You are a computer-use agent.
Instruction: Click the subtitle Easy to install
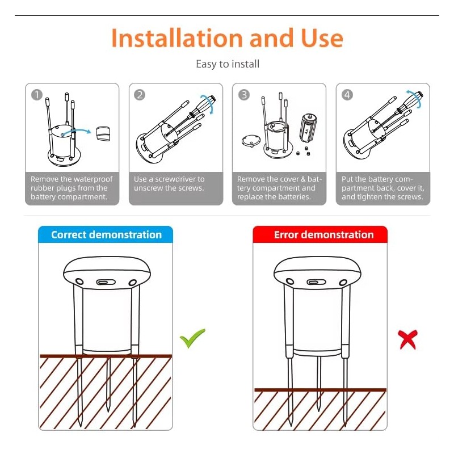(x=228, y=64)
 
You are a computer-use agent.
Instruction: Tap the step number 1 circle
(x=37, y=95)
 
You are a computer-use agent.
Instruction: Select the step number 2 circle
(x=140, y=95)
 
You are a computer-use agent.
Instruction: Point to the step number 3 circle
(x=244, y=95)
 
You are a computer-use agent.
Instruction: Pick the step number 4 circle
(x=348, y=95)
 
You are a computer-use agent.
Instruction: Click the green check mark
(x=192, y=338)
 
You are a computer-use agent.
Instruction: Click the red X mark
(x=407, y=339)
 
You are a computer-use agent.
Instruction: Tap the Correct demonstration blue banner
(x=106, y=234)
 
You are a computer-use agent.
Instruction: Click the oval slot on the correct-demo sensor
(x=106, y=281)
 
